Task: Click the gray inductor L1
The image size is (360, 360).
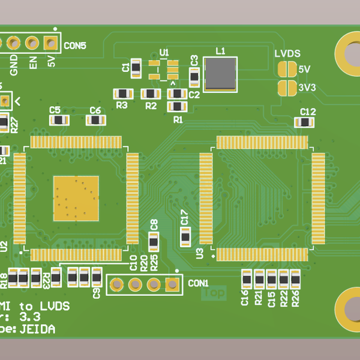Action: click(220, 74)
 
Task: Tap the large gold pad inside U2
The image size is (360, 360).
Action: click(76, 197)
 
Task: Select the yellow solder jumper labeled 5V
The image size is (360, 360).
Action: click(287, 70)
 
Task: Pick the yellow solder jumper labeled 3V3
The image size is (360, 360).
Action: click(287, 88)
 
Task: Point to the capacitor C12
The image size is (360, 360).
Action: click(304, 122)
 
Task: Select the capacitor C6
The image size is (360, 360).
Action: click(95, 120)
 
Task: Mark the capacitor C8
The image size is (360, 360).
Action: click(154, 242)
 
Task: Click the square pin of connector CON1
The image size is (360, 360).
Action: click(173, 284)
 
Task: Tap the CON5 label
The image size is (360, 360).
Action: click(75, 45)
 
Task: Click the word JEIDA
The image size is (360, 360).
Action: click(37, 329)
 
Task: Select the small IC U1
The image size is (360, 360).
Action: click(163, 70)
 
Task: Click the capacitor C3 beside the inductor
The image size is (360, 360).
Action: click(194, 77)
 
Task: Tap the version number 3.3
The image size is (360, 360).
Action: click(30, 317)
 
